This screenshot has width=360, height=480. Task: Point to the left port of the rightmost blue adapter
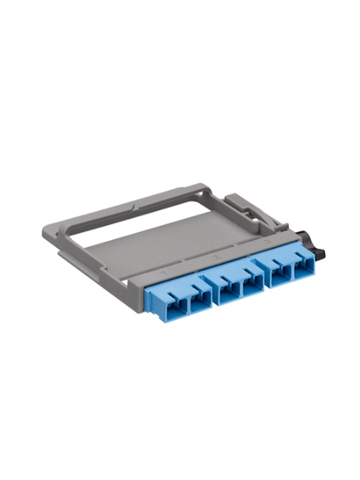278,274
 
